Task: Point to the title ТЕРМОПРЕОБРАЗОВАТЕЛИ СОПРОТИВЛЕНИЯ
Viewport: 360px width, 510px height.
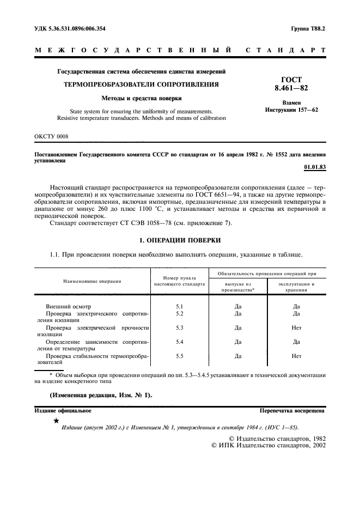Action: [141, 85]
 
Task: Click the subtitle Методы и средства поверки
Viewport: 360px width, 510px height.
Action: [141, 99]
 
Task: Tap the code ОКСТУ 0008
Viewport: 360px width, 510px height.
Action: [52, 136]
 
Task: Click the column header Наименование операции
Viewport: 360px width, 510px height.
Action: [92, 281]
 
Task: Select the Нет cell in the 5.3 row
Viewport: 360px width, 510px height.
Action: [296, 328]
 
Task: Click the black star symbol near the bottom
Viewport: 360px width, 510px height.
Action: [56, 421]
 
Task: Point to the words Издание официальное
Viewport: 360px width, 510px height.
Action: [63, 411]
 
